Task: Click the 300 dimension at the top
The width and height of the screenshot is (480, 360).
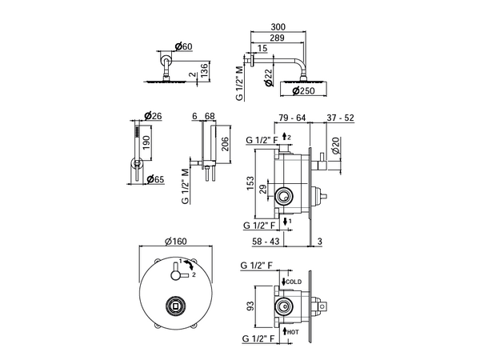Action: (x=278, y=27)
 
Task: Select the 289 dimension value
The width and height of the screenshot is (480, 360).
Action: (x=277, y=38)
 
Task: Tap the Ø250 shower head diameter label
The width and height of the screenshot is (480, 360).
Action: (x=303, y=91)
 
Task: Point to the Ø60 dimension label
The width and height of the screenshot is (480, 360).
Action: (x=184, y=46)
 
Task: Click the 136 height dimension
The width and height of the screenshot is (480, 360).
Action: (x=204, y=70)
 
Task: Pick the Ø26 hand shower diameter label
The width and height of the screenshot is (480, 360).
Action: (x=153, y=116)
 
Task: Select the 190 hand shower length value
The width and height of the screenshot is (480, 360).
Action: (x=146, y=142)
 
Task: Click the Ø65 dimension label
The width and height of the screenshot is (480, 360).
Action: (x=155, y=179)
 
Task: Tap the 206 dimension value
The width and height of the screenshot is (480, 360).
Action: (x=225, y=143)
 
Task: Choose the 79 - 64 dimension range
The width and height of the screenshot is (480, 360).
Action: (x=292, y=118)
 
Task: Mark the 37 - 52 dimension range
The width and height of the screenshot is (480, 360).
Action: (x=340, y=118)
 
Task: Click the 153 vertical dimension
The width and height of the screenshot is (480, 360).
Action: (x=250, y=183)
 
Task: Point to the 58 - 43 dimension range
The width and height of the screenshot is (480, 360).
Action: (x=266, y=242)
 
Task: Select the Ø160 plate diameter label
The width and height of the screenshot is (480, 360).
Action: (x=176, y=242)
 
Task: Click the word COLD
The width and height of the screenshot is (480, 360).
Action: (x=294, y=282)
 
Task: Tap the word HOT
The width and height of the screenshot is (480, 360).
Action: (x=293, y=332)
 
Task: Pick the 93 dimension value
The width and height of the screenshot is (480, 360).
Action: (x=250, y=306)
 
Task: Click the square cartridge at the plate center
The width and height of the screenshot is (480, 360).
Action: (x=175, y=306)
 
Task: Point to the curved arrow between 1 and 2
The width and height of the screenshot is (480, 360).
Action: (x=190, y=265)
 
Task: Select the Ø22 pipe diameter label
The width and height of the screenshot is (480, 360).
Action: (x=268, y=78)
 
